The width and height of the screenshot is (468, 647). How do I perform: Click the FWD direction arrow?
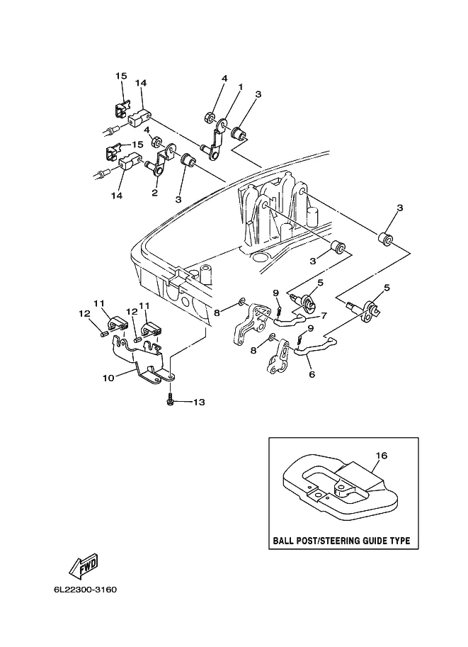84,564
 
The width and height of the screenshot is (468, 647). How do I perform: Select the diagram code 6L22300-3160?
85,589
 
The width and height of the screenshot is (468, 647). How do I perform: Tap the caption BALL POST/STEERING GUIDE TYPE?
341,541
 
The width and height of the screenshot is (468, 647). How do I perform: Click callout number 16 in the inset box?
382,456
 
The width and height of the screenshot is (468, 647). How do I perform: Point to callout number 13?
199,402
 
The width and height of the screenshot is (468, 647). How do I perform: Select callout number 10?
108,378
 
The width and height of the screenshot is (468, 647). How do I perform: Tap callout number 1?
241,87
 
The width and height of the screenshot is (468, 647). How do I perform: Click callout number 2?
154,193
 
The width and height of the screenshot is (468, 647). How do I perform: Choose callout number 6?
312,374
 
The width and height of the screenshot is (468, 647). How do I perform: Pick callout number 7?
324,315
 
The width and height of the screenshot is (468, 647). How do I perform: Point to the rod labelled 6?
316,347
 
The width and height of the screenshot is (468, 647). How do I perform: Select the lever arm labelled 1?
215,140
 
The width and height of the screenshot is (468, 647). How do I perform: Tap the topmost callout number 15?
121,76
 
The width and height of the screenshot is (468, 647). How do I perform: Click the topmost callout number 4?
224,78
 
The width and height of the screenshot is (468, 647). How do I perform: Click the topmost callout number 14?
141,83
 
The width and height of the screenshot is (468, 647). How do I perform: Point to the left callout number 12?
84,314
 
